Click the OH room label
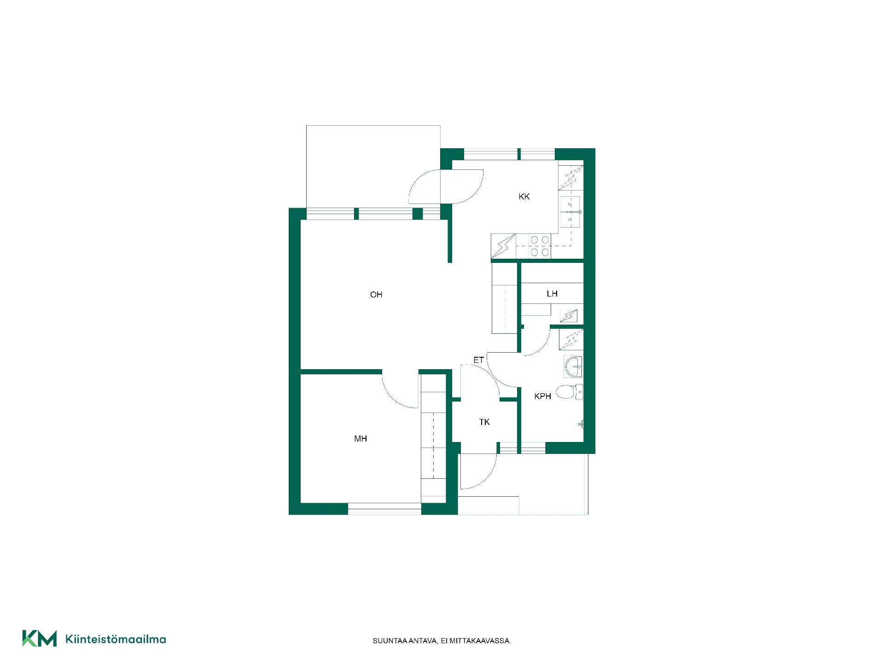(376, 295)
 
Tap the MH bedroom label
(361, 439)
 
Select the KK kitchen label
(524, 197)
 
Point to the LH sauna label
(552, 294)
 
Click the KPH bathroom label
(543, 396)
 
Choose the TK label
(484, 422)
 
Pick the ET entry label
(479, 360)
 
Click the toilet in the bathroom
(570, 392)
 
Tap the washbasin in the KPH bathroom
(573, 366)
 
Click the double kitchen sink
(570, 212)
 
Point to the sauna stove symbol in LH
(569, 316)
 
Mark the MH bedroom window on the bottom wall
(384, 509)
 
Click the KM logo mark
(40, 639)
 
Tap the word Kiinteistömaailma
(116, 639)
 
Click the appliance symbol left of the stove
(504, 246)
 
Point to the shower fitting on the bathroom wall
(582, 424)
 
